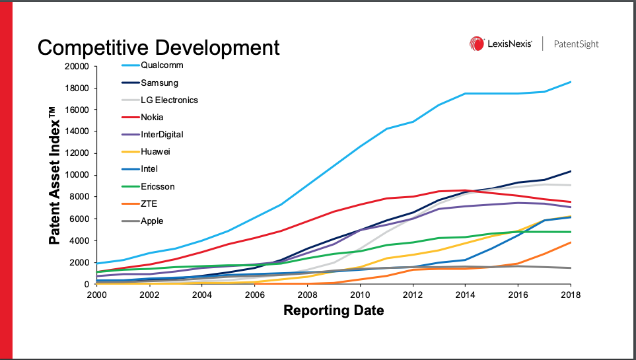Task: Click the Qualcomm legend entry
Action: [162, 65]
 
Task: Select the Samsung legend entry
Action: [159, 83]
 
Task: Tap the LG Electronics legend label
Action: [169, 100]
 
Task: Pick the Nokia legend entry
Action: [152, 118]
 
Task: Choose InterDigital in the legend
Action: [162, 135]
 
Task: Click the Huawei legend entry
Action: [155, 152]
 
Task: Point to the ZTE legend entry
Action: [149, 204]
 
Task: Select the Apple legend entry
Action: [151, 221]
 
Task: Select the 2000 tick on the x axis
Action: [97, 295]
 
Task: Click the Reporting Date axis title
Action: [334, 310]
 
